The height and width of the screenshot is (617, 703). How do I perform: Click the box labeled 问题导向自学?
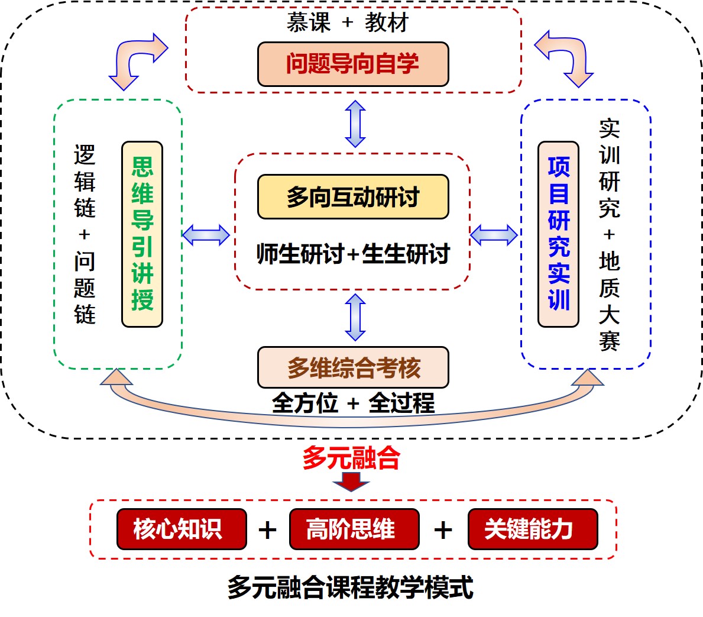point(353,64)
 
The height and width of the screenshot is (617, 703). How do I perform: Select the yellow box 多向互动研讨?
point(353,196)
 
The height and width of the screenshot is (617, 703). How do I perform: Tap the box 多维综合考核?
point(353,367)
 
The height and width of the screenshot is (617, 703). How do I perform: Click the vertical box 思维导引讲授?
point(142,234)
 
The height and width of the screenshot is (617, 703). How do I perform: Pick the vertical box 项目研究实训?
point(558,234)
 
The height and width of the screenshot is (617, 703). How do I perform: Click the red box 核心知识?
point(182,529)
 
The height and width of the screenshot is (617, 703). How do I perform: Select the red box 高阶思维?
point(354,529)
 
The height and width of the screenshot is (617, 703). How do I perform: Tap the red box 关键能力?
point(533,529)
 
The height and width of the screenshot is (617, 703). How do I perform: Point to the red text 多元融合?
point(351,458)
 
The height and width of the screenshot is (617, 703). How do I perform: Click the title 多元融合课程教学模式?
point(351,588)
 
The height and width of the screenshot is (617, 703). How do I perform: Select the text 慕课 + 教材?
point(348,23)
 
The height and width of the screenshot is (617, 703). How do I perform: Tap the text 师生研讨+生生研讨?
point(353,254)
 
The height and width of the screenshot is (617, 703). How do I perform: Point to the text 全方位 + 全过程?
point(353,403)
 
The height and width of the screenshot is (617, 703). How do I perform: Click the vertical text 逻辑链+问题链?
point(85,234)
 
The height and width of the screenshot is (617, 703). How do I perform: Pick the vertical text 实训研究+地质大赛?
point(609,234)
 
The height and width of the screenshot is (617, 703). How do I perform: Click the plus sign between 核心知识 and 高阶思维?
point(267,529)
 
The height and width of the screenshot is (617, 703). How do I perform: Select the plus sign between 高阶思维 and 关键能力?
point(443,529)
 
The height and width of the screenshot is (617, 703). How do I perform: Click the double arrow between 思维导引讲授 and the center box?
point(206,235)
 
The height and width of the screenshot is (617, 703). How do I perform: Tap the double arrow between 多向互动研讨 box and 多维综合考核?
point(355,317)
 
